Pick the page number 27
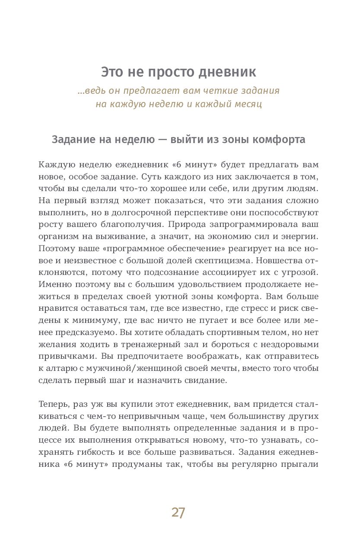(x=178, y=513)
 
